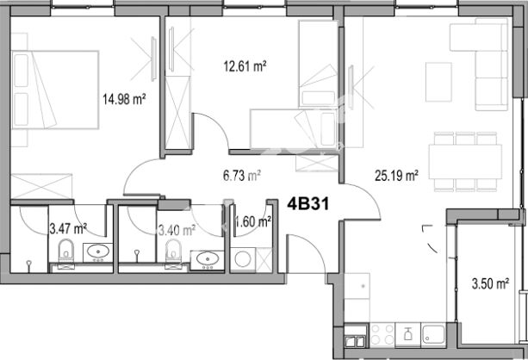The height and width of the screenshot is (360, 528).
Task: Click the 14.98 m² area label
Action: (x=124, y=99)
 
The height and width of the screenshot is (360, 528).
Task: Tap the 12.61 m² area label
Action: (x=245, y=66)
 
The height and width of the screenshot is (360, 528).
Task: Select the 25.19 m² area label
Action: (x=397, y=176)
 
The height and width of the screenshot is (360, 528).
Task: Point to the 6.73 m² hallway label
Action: (x=242, y=176)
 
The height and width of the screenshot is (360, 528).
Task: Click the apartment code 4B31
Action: (x=307, y=204)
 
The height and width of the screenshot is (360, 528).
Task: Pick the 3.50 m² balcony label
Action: (x=490, y=283)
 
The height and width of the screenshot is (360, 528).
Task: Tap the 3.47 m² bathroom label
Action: (x=68, y=229)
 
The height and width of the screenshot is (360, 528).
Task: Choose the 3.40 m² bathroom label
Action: (x=177, y=231)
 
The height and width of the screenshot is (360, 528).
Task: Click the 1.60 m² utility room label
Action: (x=253, y=221)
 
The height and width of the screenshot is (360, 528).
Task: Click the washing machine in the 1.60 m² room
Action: (x=243, y=259)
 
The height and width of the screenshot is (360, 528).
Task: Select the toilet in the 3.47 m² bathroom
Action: (x=66, y=251)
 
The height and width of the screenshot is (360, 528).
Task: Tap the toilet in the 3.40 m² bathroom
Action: (x=173, y=251)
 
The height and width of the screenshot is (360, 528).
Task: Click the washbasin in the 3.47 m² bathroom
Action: (x=98, y=252)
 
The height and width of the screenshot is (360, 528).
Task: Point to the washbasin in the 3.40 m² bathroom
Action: (x=207, y=260)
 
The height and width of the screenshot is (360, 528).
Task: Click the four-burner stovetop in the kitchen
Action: (x=382, y=334)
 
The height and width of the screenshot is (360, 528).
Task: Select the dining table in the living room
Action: (x=465, y=162)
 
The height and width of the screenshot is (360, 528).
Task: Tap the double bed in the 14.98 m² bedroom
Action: (x=55, y=90)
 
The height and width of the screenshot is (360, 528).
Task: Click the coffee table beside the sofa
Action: (x=438, y=82)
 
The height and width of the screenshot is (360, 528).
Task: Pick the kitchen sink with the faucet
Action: (x=433, y=334)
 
